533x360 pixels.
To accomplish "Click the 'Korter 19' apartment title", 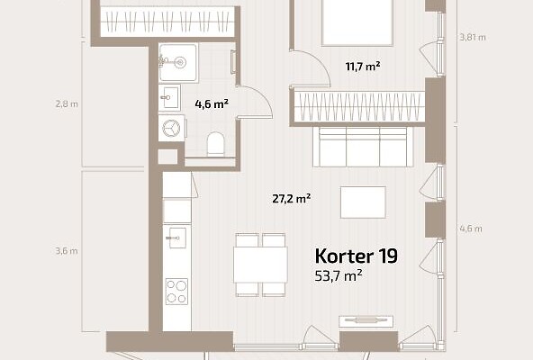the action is click(x=356, y=256).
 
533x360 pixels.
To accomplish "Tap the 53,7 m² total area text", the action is click(x=339, y=275).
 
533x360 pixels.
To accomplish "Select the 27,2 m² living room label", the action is click(x=292, y=199).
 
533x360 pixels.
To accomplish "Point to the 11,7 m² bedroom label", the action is click(x=362, y=67).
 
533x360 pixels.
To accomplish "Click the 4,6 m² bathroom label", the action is click(x=212, y=104).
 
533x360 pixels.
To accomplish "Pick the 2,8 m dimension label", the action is click(x=67, y=104).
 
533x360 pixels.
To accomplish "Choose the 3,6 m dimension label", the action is click(x=67, y=251).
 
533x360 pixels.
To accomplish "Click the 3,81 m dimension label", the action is click(x=473, y=38).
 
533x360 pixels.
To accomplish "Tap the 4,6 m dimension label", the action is click(x=471, y=229).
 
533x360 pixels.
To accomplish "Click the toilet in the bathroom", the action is click(x=216, y=144).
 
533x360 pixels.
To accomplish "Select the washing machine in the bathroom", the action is click(x=172, y=128).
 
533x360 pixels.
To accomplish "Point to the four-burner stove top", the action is click(x=176, y=292).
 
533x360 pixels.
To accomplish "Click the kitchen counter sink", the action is click(x=176, y=238).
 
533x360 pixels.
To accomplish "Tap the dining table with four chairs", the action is click(x=260, y=265).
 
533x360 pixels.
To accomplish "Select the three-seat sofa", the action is click(x=363, y=147).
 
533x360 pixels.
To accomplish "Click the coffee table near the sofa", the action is click(x=363, y=202).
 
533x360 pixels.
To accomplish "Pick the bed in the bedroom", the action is click(x=357, y=22).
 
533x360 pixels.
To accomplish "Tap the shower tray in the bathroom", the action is click(x=178, y=62).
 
